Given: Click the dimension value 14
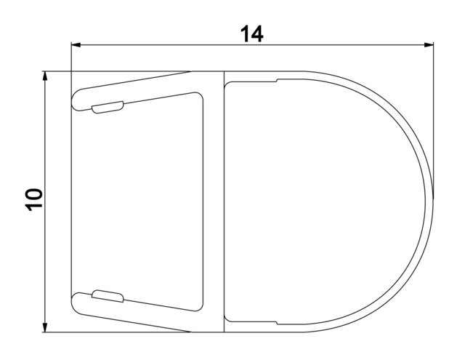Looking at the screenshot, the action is coord(251,34).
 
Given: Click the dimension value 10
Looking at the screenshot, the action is coord(34,199).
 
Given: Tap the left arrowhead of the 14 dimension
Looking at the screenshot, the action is coord(76,45).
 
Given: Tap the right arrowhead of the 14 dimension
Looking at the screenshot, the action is coord(429,45).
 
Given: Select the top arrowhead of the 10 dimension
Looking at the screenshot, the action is coord(45,76).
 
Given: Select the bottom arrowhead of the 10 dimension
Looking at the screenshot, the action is coord(45,327).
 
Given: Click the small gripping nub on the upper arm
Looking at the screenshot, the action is coord(108,107).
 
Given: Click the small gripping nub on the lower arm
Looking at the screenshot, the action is coord(108,296).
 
